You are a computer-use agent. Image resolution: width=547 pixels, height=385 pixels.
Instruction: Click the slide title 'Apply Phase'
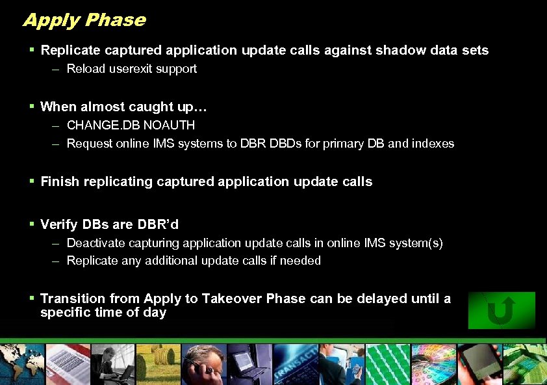[x=84, y=20]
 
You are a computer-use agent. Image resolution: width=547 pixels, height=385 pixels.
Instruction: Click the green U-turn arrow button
[x=501, y=310]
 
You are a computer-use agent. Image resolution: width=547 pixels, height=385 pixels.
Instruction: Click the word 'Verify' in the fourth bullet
[x=59, y=224]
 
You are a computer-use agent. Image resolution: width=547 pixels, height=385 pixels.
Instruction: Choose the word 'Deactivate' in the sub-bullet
[x=95, y=243]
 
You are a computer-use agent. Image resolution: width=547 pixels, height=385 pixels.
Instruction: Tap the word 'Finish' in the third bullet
[x=58, y=181]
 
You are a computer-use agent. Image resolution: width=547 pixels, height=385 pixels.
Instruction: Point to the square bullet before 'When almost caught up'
[x=32, y=106]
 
